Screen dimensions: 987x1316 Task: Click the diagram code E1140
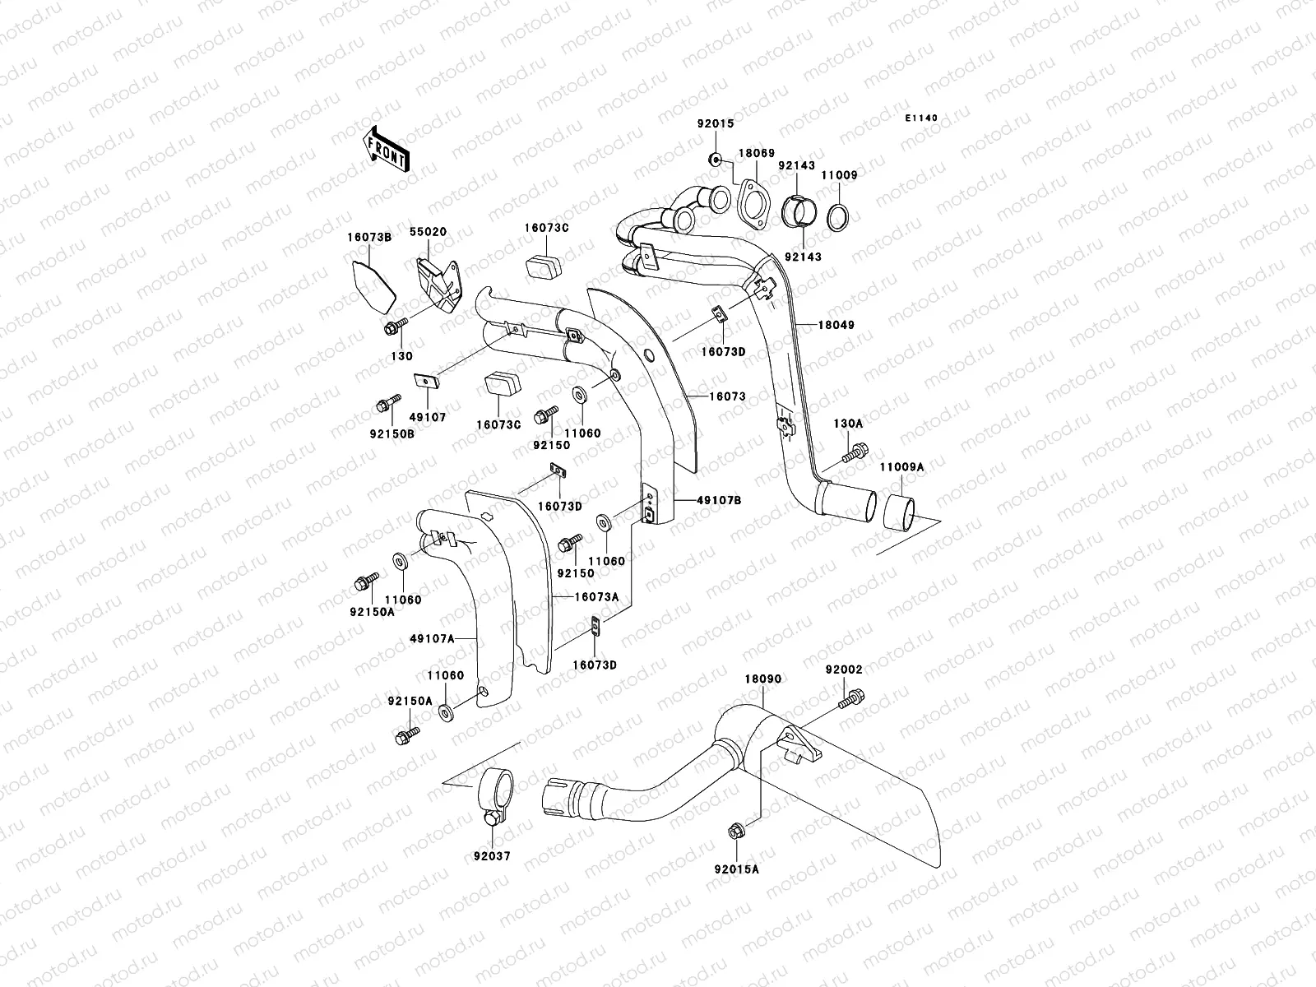pos(921,118)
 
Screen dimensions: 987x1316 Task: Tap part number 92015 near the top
pos(715,124)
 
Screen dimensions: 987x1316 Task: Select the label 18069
pos(756,154)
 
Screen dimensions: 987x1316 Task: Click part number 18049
pos(836,325)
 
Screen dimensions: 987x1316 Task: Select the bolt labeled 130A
pos(855,451)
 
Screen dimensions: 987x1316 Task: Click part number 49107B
pos(719,500)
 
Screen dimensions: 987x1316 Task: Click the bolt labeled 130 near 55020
pos(392,328)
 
